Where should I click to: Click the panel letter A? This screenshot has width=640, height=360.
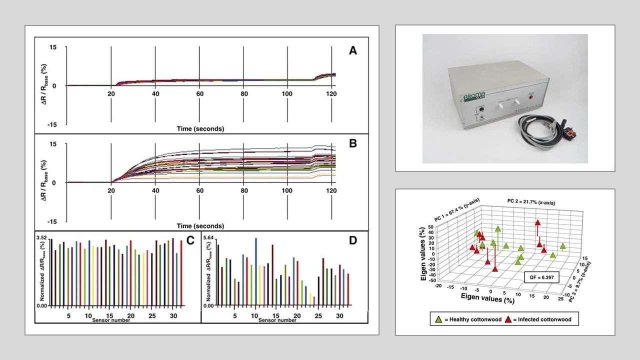pos(353,51)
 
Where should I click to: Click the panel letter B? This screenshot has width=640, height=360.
pos(353,144)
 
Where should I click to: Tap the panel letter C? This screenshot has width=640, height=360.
pos(190,240)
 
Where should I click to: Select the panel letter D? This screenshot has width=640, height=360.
pos(353,240)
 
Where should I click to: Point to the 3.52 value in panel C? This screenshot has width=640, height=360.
pos(43,237)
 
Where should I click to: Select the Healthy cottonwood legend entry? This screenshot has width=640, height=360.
pos(466,319)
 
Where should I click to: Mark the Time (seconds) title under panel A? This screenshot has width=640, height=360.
pos(200,128)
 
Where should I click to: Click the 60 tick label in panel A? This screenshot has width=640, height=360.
pos(199,94)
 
